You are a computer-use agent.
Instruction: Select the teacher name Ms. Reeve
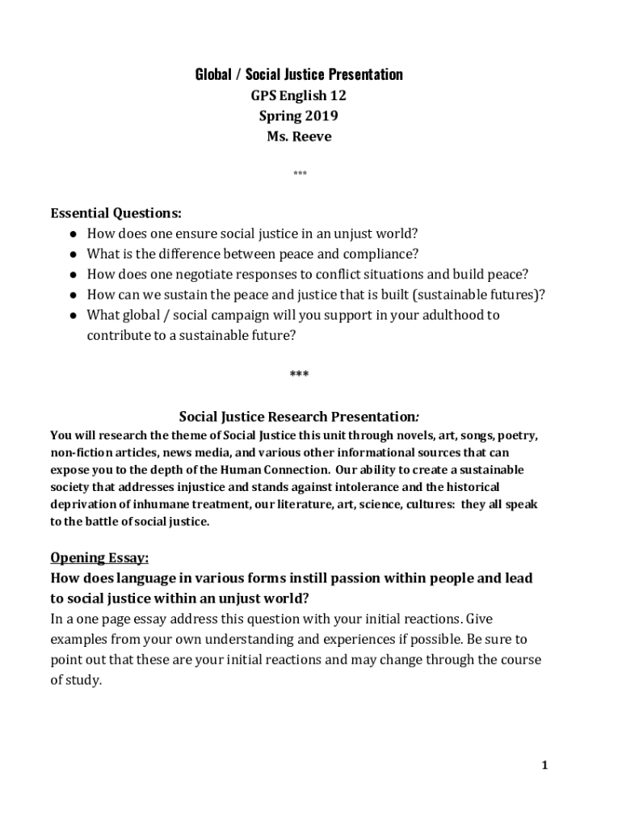pos(299,136)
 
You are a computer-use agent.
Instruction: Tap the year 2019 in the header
pos(321,116)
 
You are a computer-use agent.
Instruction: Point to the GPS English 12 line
pos(299,96)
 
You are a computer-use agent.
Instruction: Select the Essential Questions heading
pos(116,214)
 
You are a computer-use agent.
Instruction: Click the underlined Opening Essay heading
pos(99,558)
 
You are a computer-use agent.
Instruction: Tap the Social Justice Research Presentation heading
pos(298,418)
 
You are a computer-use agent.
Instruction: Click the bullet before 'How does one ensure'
pos(73,234)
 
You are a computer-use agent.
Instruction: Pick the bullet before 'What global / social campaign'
pos(73,315)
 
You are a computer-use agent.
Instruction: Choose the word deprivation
pos(85,504)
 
